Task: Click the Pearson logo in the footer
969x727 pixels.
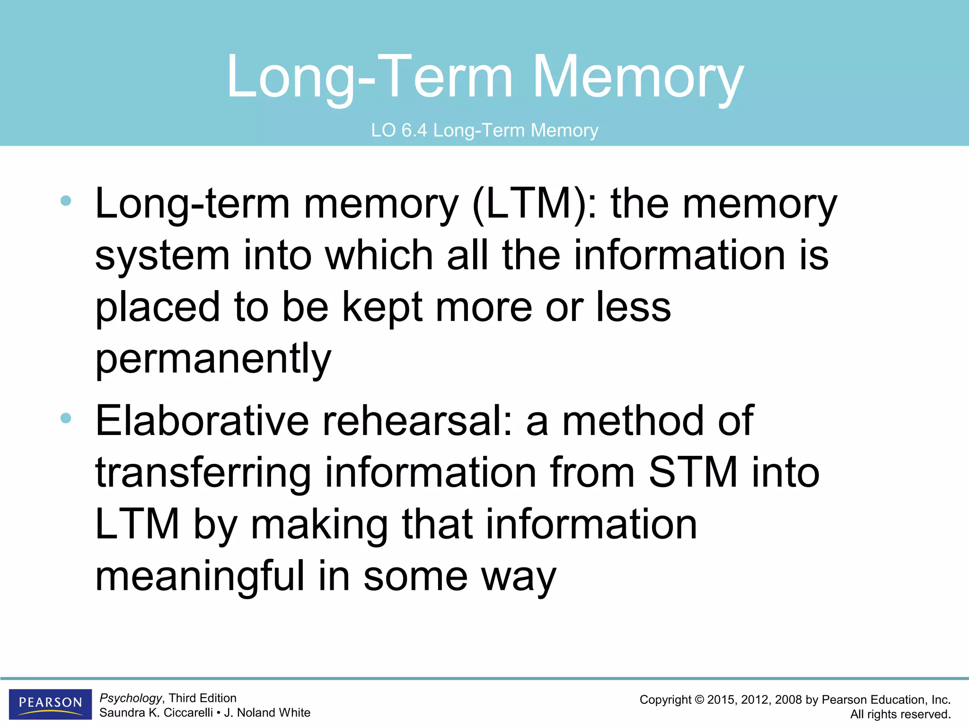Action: point(50,704)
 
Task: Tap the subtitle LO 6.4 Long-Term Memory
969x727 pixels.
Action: point(484,130)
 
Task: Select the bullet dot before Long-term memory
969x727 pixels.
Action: point(66,201)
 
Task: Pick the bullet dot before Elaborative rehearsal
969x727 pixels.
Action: point(66,418)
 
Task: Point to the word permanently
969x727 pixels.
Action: point(213,359)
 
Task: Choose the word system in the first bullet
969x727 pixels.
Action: point(162,256)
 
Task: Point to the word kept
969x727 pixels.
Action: point(381,308)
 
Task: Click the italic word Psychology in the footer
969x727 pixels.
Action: point(131,698)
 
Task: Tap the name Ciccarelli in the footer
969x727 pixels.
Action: point(188,713)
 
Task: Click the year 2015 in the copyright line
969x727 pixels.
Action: point(721,700)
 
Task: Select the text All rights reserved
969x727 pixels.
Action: point(900,714)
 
